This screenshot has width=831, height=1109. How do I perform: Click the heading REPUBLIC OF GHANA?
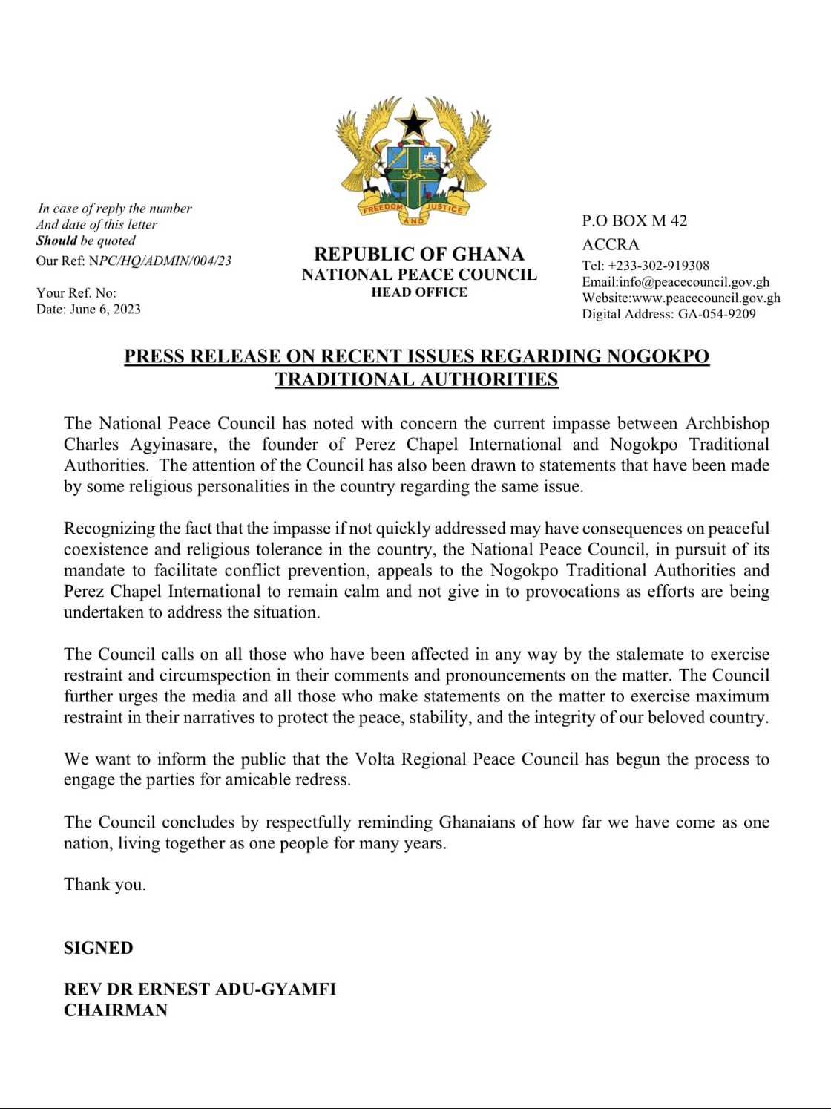point(419,254)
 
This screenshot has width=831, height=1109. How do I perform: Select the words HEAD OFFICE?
point(419,292)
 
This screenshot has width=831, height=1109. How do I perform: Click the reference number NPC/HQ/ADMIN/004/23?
point(160,261)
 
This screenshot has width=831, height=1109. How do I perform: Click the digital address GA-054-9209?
point(717,314)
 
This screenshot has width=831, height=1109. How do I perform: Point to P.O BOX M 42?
point(634,220)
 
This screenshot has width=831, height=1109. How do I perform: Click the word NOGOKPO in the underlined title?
point(657,356)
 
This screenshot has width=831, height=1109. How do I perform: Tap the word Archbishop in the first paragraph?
point(727,423)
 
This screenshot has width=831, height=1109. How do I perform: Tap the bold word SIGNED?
point(99,948)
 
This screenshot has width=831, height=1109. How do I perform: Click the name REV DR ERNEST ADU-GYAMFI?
point(200,989)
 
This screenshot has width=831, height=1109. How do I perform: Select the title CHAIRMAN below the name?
point(116,1010)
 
